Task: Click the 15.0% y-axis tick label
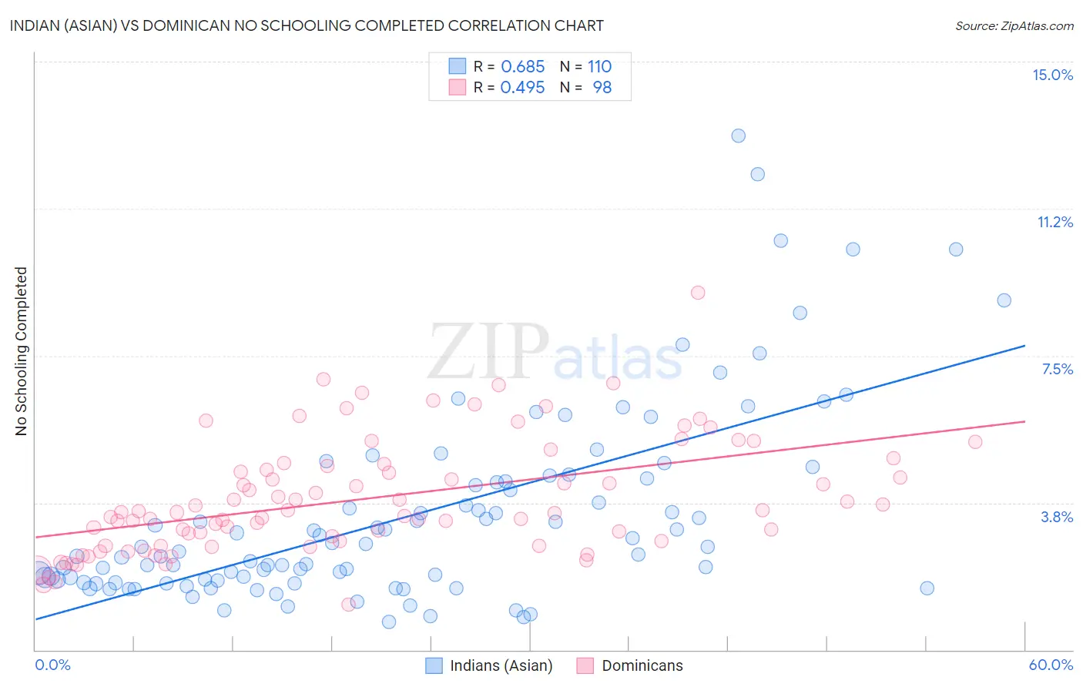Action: click(x=1052, y=75)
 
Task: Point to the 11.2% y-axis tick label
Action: click(x=1054, y=222)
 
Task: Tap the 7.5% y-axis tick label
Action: click(x=1057, y=369)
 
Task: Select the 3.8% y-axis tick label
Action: click(x=1057, y=517)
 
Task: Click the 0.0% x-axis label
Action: click(x=52, y=665)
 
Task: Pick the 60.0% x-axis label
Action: click(x=1051, y=665)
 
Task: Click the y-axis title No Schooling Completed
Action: click(x=22, y=351)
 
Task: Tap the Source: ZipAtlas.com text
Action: click(x=1014, y=25)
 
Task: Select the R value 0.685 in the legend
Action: click(x=522, y=66)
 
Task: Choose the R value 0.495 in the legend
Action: click(x=522, y=87)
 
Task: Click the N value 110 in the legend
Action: click(x=599, y=66)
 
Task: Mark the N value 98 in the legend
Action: click(x=602, y=87)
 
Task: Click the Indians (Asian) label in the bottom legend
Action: click(x=501, y=665)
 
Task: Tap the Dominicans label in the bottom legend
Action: click(x=642, y=665)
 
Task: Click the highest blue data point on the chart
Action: click(x=738, y=136)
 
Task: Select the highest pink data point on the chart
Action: click(x=698, y=293)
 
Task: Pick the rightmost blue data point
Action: click(x=1004, y=300)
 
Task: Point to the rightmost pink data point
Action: click(x=975, y=442)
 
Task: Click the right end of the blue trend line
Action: click(x=1024, y=346)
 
